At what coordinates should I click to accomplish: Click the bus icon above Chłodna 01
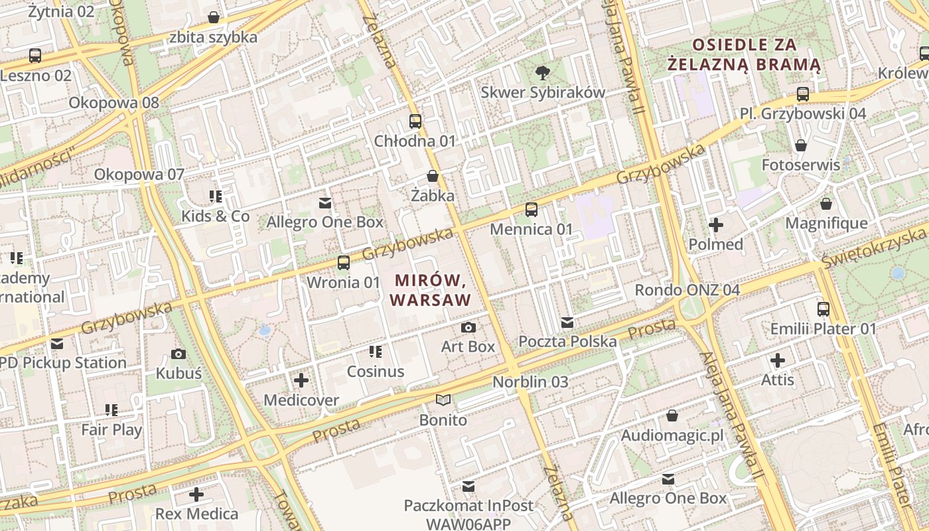[x=415, y=121]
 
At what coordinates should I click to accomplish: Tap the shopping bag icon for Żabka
[x=433, y=176]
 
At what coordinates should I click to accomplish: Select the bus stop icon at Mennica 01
[x=532, y=210]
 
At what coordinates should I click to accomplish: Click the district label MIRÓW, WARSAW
[x=431, y=290]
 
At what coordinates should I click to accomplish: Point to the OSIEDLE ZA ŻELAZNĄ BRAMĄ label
[x=744, y=55]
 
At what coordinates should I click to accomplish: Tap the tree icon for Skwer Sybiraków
[x=543, y=72]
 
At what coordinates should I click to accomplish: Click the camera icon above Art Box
[x=468, y=327]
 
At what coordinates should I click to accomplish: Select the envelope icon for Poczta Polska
[x=567, y=323]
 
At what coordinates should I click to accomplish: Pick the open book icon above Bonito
[x=443, y=400]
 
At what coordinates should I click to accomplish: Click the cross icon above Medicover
[x=301, y=380]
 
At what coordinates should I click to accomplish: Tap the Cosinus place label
[x=376, y=371]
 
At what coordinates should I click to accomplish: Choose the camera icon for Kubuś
[x=179, y=354]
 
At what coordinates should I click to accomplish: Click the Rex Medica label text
[x=196, y=514]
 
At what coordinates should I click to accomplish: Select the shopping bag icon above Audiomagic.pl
[x=672, y=416]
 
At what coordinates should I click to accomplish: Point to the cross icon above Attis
[x=778, y=360]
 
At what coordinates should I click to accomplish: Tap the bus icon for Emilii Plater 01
[x=823, y=309]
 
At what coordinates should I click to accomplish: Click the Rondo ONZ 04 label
[x=687, y=290]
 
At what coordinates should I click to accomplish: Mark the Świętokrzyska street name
[x=873, y=247]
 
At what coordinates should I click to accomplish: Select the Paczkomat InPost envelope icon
[x=468, y=486]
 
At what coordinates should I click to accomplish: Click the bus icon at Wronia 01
[x=344, y=262]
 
